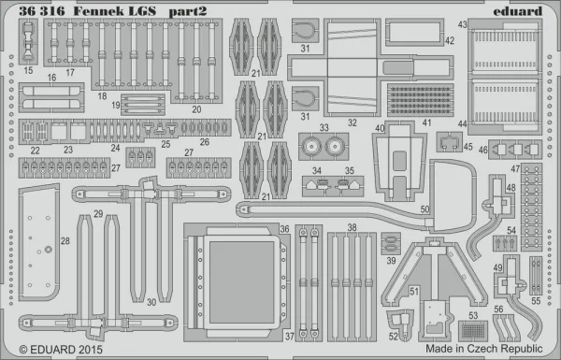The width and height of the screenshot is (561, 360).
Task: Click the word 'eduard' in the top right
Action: [517, 11]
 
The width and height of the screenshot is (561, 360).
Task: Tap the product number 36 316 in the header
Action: [42, 11]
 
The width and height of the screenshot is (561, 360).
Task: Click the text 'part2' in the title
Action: [188, 12]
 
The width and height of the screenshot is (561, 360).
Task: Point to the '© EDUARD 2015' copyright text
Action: [61, 350]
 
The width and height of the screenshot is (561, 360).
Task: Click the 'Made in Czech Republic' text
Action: [484, 348]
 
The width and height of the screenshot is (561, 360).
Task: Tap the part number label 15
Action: [28, 70]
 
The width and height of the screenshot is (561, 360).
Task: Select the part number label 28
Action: [65, 241]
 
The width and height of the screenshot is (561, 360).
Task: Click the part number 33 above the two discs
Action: [324, 127]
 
